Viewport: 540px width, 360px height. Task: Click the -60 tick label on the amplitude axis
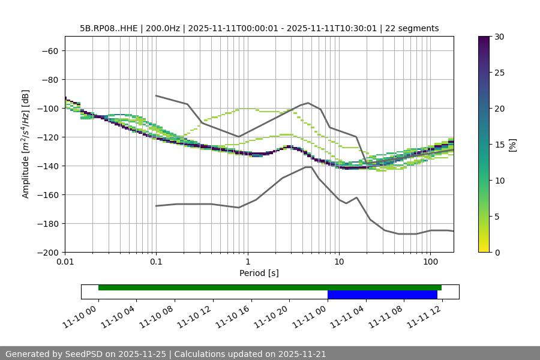[x=49, y=51]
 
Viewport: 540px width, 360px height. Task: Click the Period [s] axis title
[x=259, y=274]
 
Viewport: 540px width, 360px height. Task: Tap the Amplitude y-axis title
[x=26, y=144]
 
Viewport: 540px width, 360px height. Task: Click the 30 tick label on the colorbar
[x=499, y=37]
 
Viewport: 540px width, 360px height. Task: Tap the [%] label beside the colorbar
[x=512, y=145]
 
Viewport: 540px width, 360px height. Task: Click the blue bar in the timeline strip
[x=382, y=295]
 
